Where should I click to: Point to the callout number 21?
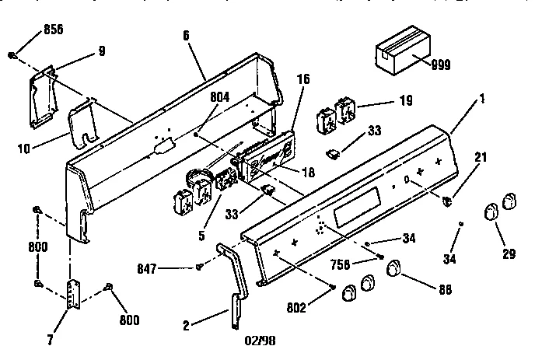[481, 158]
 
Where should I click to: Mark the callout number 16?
[304, 79]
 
